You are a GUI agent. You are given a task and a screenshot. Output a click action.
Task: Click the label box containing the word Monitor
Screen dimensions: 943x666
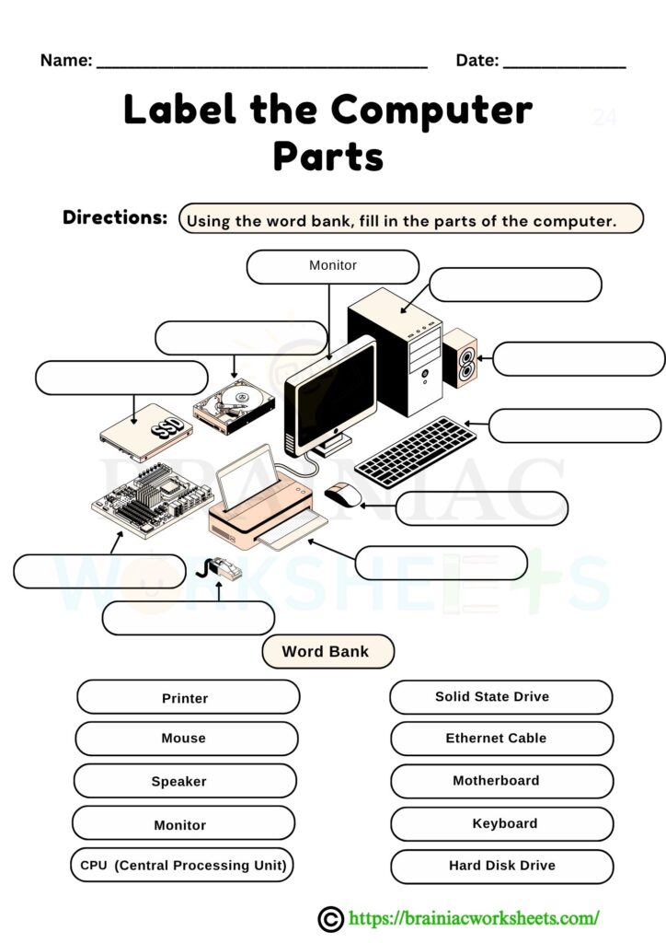tap(333, 266)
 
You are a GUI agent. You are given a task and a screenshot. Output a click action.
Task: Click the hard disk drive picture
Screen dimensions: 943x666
tap(234, 407)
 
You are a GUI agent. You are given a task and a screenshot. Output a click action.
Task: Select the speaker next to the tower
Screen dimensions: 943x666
tap(460, 362)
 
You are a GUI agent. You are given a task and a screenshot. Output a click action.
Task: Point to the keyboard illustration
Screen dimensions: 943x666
tap(409, 450)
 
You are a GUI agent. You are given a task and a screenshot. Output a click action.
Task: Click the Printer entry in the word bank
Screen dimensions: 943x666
tap(188, 697)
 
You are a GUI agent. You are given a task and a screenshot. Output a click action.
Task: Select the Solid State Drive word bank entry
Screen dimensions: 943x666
tap(500, 697)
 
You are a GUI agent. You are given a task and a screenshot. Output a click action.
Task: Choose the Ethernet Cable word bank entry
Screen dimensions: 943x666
tap(501, 739)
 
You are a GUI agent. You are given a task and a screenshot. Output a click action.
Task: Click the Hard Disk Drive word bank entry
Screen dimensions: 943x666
tap(501, 866)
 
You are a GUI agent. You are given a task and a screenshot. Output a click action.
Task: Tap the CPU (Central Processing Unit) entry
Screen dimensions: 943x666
tap(182, 866)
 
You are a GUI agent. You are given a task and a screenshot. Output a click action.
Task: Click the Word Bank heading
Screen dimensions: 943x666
tap(327, 651)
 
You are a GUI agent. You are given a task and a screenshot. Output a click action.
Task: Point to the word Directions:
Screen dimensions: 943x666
tap(115, 217)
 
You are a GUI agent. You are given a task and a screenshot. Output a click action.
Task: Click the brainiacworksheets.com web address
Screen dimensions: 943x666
tap(474, 917)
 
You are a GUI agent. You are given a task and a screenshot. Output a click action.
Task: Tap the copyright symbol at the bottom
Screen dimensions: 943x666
tap(329, 917)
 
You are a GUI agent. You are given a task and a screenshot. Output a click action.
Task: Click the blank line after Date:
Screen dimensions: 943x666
tap(565, 63)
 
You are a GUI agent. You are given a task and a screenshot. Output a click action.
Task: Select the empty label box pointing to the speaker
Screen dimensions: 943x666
tap(578, 359)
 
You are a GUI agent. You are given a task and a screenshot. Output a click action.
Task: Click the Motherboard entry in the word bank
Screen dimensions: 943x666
tap(501, 781)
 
